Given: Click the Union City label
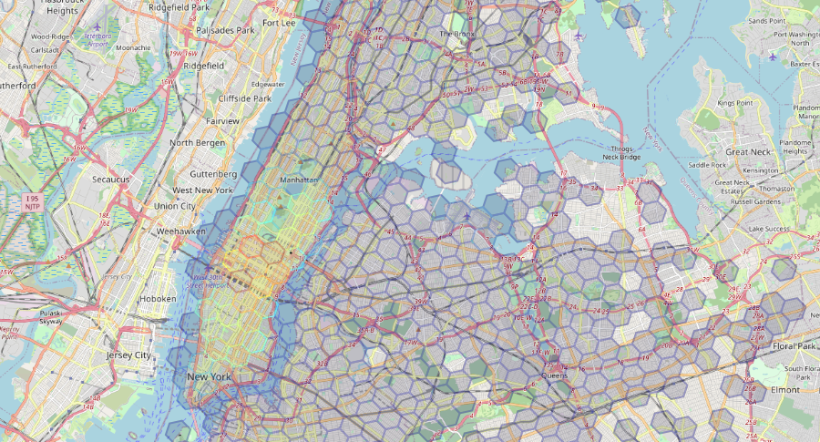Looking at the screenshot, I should click(x=175, y=206).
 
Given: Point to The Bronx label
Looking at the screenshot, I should click(x=457, y=34).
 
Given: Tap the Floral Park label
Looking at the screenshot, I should click(x=794, y=347).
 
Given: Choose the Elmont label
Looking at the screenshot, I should click(x=784, y=389).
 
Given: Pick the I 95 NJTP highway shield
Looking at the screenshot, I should click(x=33, y=202).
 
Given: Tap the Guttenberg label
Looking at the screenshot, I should click(x=213, y=173).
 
